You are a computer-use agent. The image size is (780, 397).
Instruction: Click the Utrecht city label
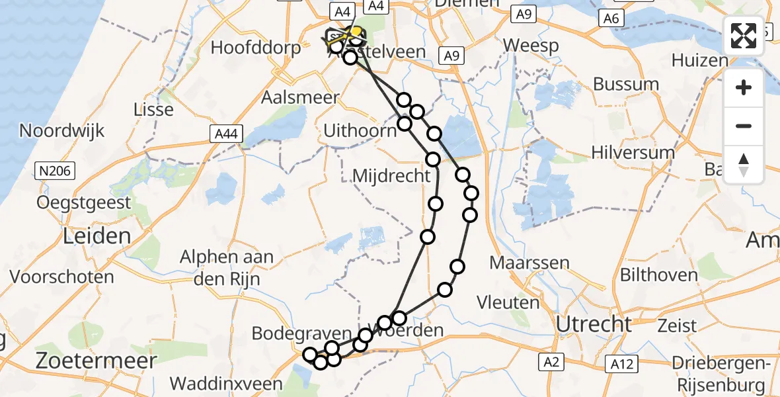pyautogui.click(x=594, y=324)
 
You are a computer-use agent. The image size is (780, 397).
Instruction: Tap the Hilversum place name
pyautogui.click(x=633, y=153)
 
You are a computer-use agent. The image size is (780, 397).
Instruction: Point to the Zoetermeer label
pyautogui.click(x=97, y=361)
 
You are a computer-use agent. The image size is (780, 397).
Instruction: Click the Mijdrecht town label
pyautogui.click(x=392, y=177)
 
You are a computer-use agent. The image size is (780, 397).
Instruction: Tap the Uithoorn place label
pyautogui.click(x=360, y=131)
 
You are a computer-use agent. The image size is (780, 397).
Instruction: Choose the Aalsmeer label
pyautogui.click(x=300, y=98)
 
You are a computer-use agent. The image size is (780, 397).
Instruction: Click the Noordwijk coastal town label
pyautogui.click(x=62, y=130)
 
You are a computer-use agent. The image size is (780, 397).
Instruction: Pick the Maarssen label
pyautogui.click(x=529, y=263)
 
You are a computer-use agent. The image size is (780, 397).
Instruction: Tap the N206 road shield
pyautogui.click(x=56, y=171)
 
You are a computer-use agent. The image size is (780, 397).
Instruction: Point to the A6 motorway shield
pyautogui.click(x=611, y=19)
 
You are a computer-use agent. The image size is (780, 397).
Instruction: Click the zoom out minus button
pyautogui.click(x=744, y=126)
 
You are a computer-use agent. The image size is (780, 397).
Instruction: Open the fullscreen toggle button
pyautogui.click(x=744, y=36)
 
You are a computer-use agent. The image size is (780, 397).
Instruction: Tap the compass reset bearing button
pyautogui.click(x=744, y=165)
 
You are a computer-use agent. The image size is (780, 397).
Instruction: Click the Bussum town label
pyautogui.click(x=626, y=84)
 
